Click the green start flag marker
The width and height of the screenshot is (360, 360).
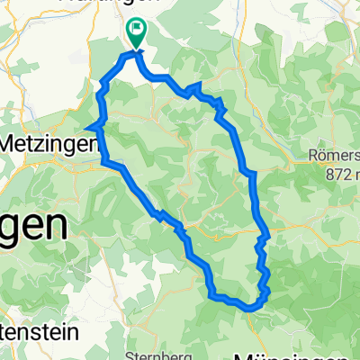click(136, 34)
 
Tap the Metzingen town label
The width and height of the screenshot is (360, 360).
click(49, 143)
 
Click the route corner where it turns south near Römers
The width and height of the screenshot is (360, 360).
click(255, 171)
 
